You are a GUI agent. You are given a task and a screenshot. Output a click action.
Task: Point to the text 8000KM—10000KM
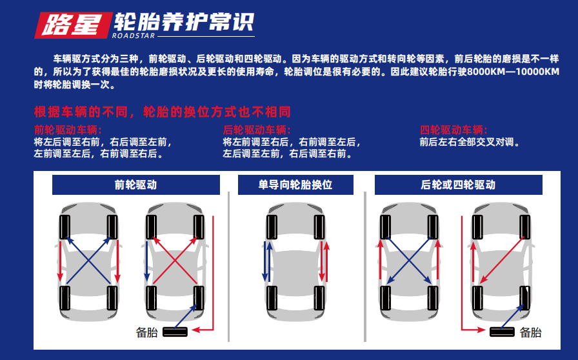click(513, 72)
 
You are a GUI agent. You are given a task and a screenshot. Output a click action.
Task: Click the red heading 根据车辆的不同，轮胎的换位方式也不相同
click(163, 110)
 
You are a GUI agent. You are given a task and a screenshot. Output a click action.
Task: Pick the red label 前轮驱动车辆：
click(68, 130)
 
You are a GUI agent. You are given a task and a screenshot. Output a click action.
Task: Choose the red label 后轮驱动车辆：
click(257, 130)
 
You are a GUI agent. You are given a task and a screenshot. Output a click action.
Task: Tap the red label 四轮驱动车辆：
click(453, 130)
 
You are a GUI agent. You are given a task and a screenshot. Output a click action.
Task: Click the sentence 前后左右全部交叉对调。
click(470, 142)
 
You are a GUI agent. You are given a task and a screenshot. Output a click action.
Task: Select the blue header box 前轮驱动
click(135, 185)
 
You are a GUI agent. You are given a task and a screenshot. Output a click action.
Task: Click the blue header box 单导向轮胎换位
click(295, 185)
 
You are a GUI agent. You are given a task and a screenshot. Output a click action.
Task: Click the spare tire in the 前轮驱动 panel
click(175, 332)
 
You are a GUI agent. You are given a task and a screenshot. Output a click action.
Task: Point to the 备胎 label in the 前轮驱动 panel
click(146, 332)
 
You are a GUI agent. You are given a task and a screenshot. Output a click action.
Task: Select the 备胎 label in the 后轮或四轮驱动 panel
click(530, 332)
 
